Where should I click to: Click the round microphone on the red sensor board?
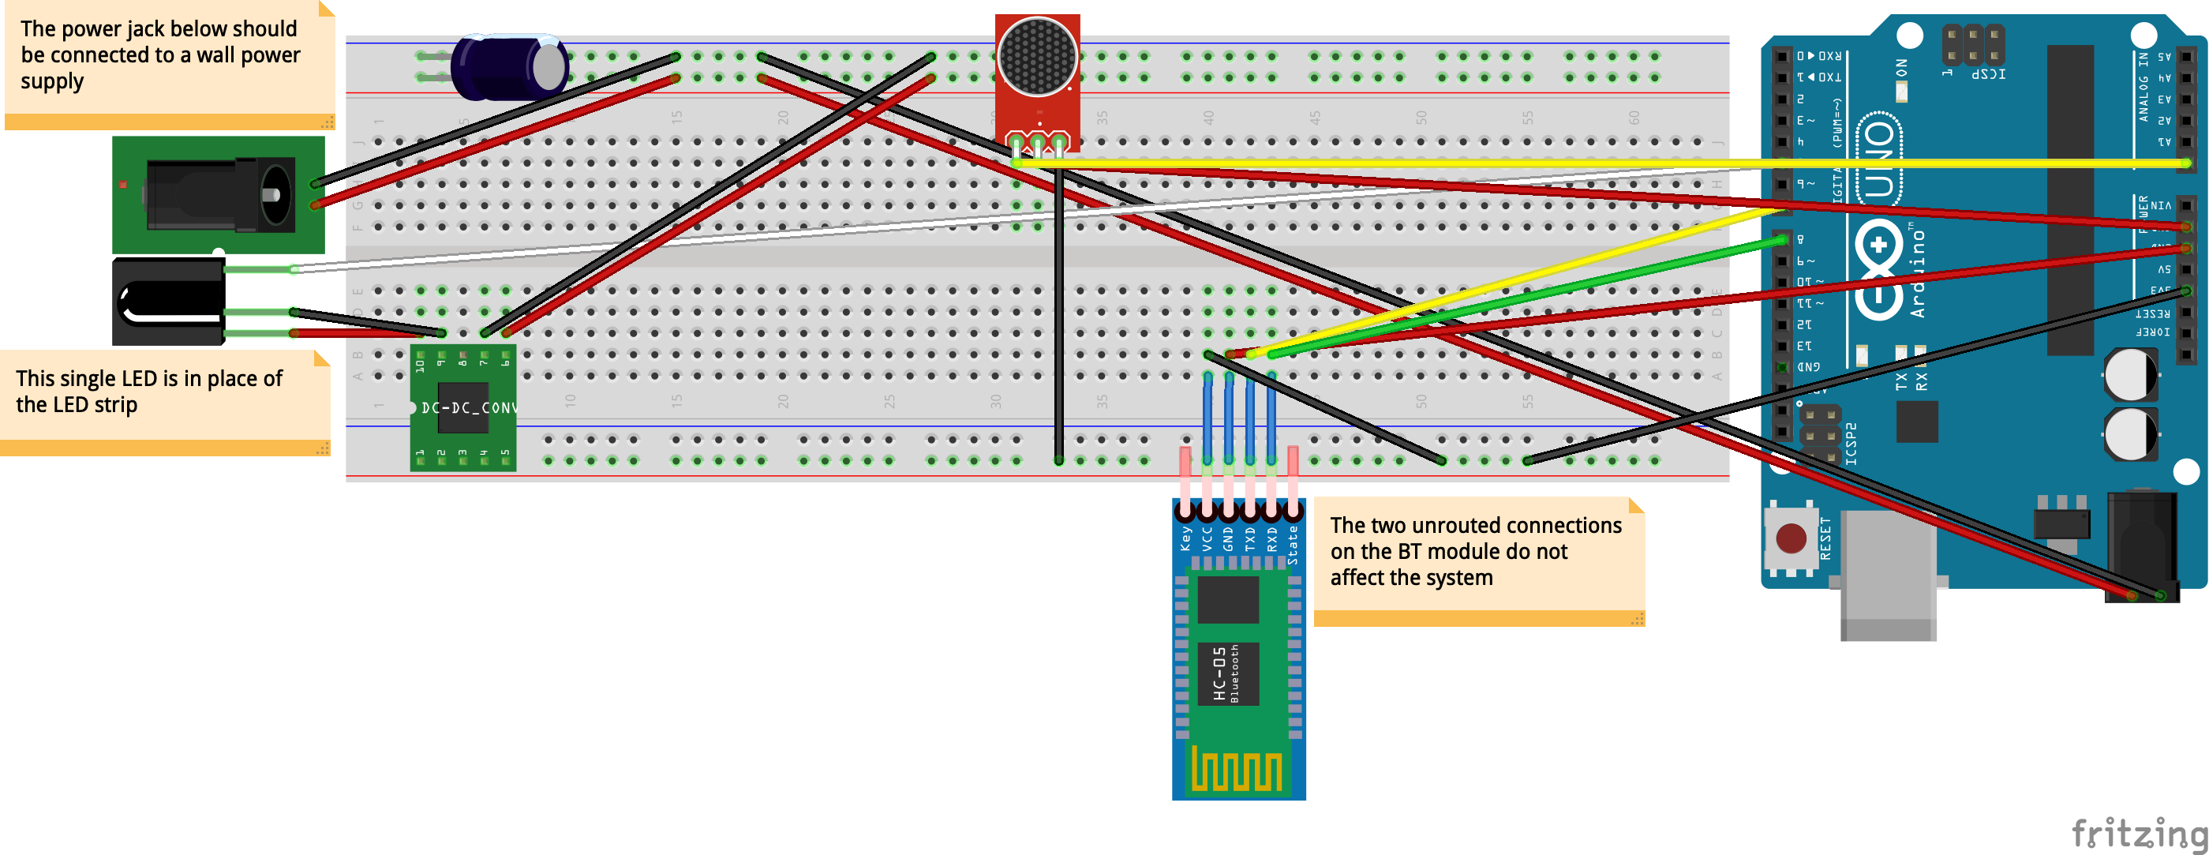coord(1038,57)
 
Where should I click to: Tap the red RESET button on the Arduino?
coord(1792,539)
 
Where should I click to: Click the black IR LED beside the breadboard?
coord(168,302)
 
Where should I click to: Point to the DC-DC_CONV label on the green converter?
coord(468,407)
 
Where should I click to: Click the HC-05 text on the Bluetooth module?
coord(1219,674)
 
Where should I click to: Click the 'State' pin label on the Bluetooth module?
coord(1292,544)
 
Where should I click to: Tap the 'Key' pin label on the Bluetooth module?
coord(1185,538)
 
